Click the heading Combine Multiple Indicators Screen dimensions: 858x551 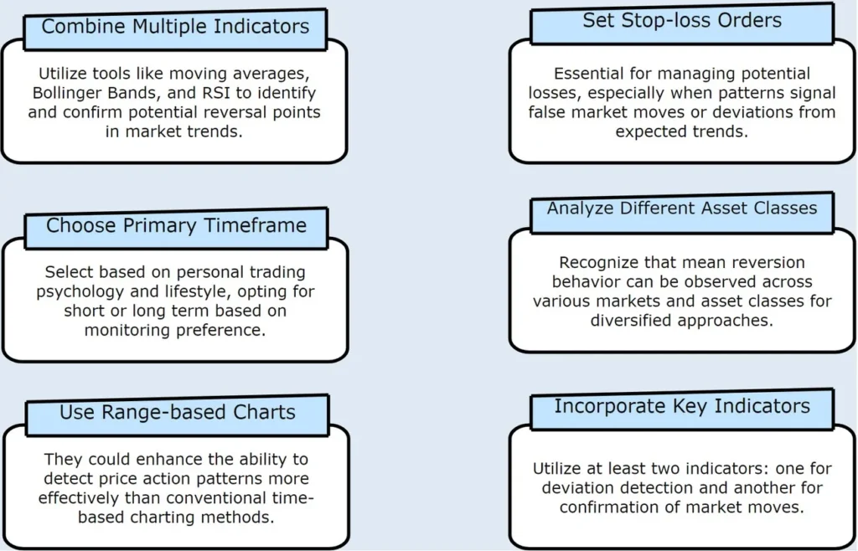[x=175, y=26]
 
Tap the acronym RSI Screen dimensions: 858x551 [x=216, y=92]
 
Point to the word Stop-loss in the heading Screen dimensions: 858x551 [x=671, y=20]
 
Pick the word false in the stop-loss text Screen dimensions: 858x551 [x=547, y=112]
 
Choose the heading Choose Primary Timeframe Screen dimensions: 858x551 [x=176, y=225]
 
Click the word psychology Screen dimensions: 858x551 [x=80, y=291]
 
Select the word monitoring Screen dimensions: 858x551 [x=128, y=330]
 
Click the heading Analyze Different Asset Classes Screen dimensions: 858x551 [x=682, y=209]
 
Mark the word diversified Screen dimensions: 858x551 [x=632, y=321]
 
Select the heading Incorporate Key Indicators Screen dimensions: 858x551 [x=682, y=406]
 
